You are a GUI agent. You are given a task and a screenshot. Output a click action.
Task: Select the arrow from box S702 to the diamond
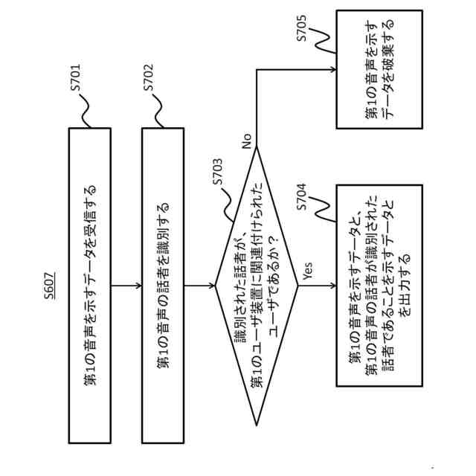coord(199,286)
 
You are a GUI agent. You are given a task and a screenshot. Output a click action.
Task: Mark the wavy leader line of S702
coord(158,112)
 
